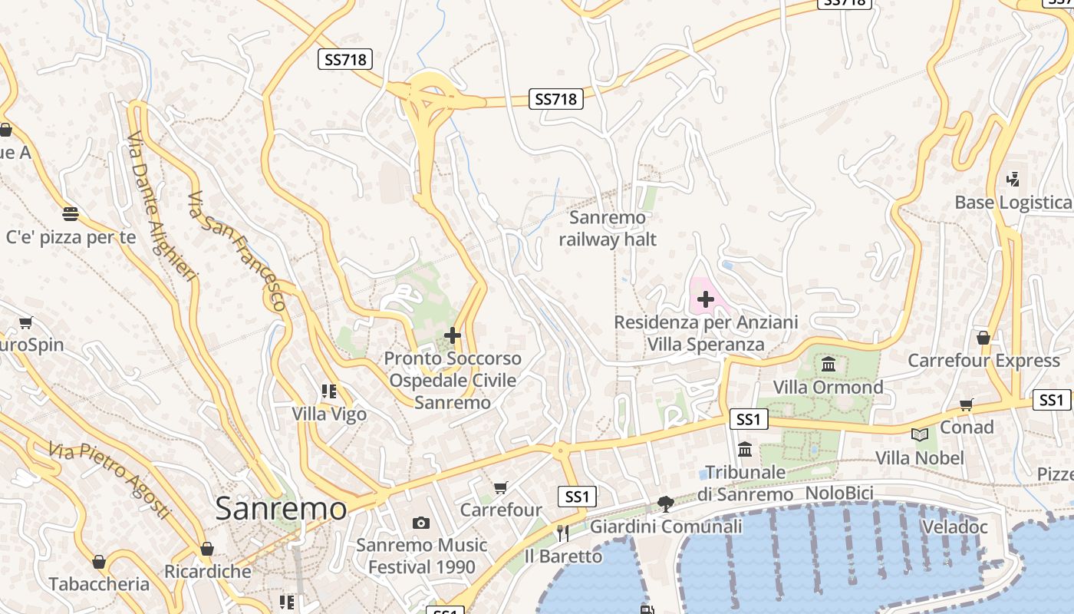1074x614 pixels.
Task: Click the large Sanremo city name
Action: click(x=281, y=509)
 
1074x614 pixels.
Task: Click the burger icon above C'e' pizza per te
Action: click(x=71, y=213)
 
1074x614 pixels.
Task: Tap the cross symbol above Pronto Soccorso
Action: click(x=453, y=335)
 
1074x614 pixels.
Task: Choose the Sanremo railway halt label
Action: click(x=608, y=229)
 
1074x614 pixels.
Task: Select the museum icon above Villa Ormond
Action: click(x=829, y=364)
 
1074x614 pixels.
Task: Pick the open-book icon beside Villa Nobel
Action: click(x=920, y=435)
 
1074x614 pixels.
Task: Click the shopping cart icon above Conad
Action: click(x=967, y=404)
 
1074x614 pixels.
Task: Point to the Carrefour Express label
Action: click(x=983, y=361)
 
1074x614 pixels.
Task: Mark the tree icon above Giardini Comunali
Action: click(x=666, y=503)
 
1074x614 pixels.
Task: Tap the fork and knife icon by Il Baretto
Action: click(x=563, y=533)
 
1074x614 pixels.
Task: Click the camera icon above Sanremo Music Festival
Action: click(x=420, y=523)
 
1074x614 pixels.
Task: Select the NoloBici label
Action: click(x=839, y=494)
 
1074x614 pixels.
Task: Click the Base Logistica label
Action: click(x=1013, y=203)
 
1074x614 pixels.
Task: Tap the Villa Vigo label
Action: click(x=329, y=414)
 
